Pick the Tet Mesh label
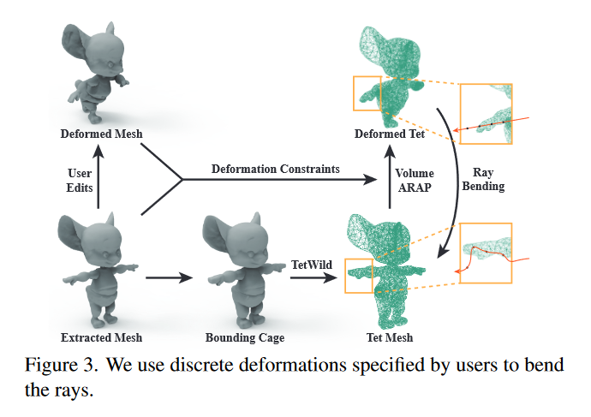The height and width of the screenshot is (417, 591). click(385, 337)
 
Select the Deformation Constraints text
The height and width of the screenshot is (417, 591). click(275, 170)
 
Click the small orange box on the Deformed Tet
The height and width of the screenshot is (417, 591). click(366, 92)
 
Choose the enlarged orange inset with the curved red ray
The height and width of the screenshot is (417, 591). click(486, 252)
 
